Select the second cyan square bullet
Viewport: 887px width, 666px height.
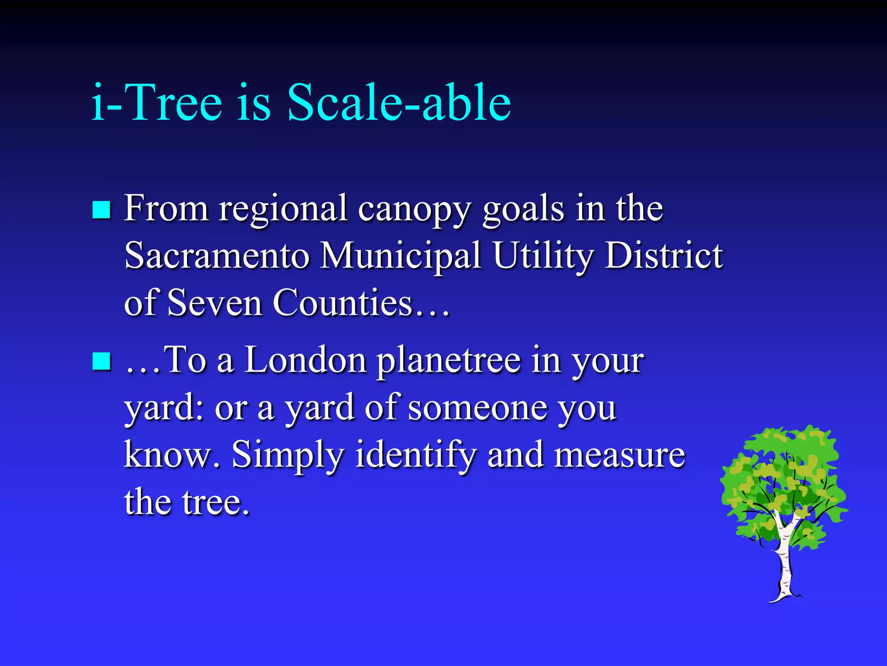(x=102, y=361)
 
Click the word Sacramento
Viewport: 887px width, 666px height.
(x=217, y=255)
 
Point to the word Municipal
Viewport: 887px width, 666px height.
(x=401, y=255)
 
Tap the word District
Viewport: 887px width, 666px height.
(x=663, y=255)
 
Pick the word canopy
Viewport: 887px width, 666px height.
(x=414, y=209)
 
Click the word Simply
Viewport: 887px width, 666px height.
(x=288, y=455)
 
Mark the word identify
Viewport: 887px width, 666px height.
(x=416, y=455)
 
